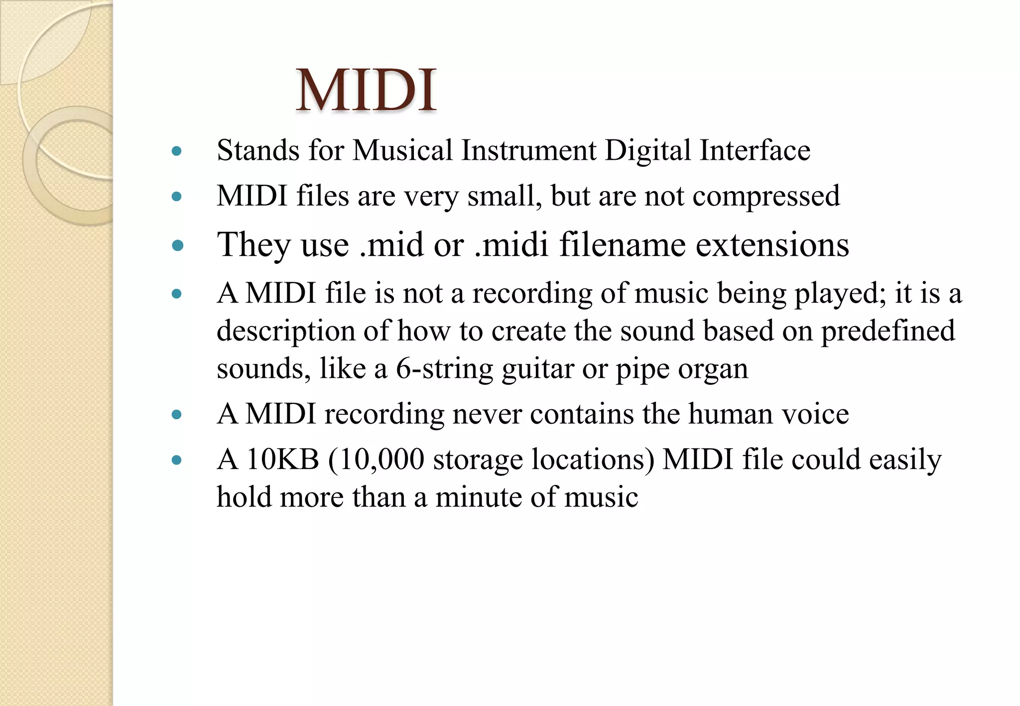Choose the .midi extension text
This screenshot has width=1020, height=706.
pyautogui.click(x=511, y=245)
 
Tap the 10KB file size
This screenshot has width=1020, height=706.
pyautogui.click(x=282, y=459)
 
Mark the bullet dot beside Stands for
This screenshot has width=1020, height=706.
pyautogui.click(x=176, y=151)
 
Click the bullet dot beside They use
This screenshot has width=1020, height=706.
pyautogui.click(x=177, y=245)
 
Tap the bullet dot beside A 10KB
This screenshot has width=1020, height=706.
pyautogui.click(x=176, y=460)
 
